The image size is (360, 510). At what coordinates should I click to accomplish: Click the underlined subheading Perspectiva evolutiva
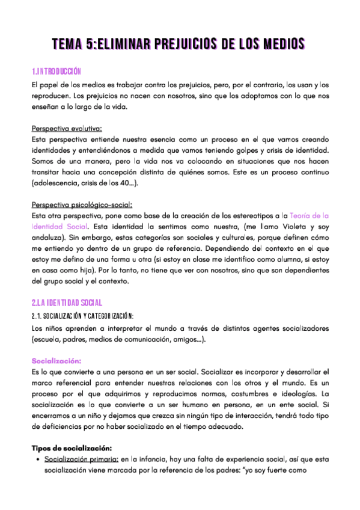[x=66, y=127]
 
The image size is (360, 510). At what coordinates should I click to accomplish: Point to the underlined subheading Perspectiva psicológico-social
[x=82, y=204]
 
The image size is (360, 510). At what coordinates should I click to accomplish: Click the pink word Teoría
[x=301, y=215]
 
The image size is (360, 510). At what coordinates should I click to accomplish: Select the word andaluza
[x=49, y=238]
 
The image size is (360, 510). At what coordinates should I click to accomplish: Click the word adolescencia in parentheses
[x=58, y=184]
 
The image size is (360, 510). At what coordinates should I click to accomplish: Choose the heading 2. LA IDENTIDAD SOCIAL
[x=67, y=302]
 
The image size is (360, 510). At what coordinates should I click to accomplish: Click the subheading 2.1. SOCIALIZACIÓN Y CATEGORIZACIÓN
[x=82, y=316]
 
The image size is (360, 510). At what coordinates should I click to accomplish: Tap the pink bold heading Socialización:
[x=56, y=361]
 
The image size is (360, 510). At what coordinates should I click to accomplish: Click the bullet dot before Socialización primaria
[x=38, y=460]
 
